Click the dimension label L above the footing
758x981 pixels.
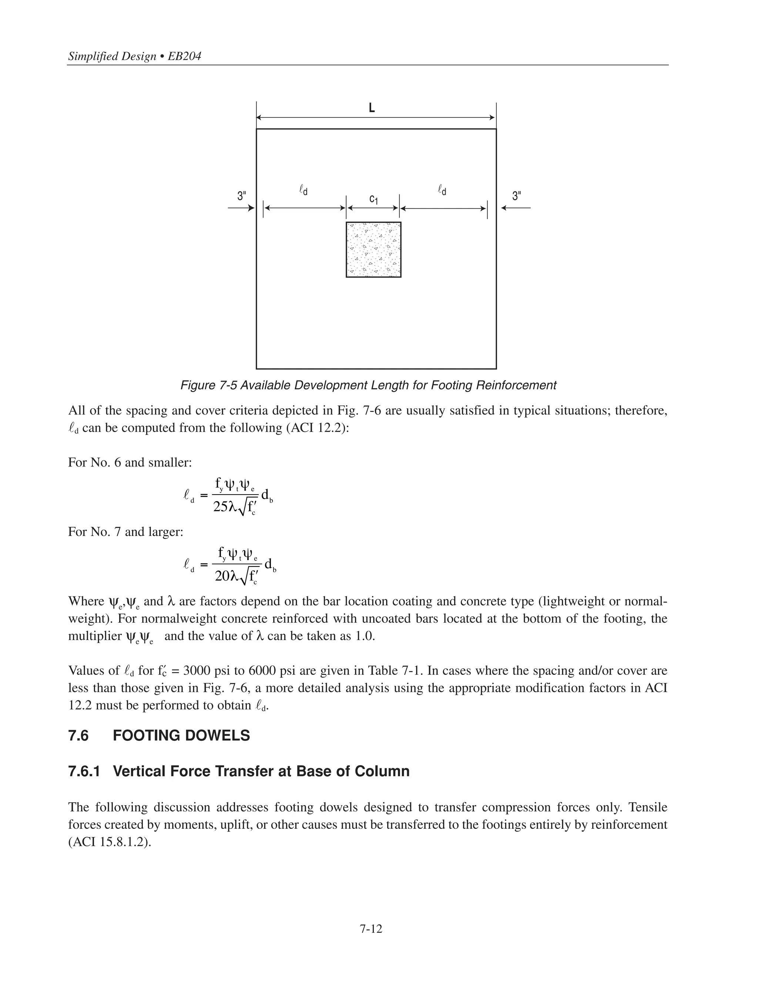(x=372, y=108)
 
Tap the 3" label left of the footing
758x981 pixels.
(x=242, y=196)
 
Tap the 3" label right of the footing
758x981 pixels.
(x=517, y=196)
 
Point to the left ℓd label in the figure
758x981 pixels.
(x=303, y=190)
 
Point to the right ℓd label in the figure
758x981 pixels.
(x=442, y=190)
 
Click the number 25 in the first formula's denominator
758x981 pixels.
(x=221, y=507)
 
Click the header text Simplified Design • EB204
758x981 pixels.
(x=134, y=56)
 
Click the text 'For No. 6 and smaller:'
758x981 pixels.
(x=130, y=462)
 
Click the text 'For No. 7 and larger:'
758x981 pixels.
(x=126, y=532)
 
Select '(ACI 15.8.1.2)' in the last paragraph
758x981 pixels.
(x=110, y=842)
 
